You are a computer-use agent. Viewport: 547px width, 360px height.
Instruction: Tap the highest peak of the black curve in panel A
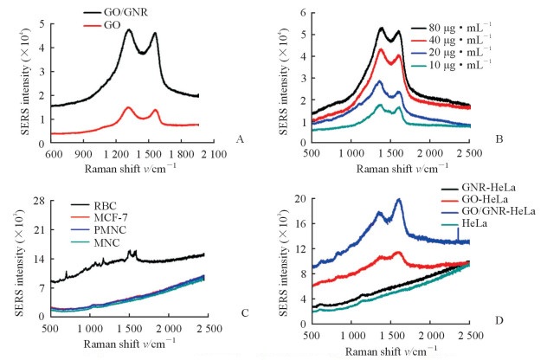[x=129, y=30]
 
